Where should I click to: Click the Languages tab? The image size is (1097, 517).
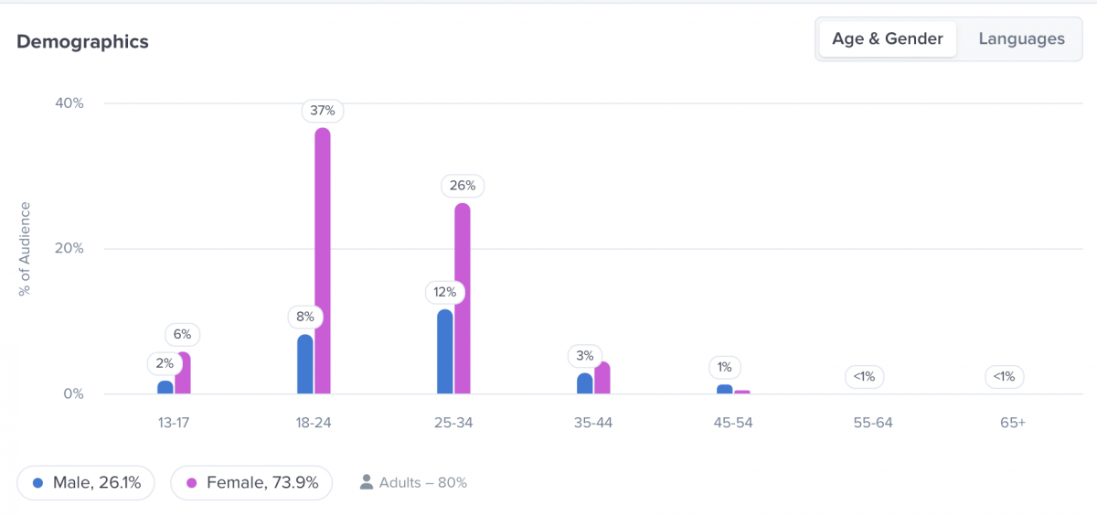(x=1021, y=39)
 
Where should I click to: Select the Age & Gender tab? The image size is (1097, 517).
(x=887, y=39)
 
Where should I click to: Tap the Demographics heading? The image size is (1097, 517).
(x=82, y=42)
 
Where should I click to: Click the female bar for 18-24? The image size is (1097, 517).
(x=323, y=261)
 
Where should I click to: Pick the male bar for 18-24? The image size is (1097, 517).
(x=305, y=364)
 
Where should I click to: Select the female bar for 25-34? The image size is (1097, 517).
(x=463, y=298)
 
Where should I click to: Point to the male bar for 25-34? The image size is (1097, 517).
(x=445, y=351)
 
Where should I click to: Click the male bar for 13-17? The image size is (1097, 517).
(x=165, y=387)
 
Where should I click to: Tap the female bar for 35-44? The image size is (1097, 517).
(x=602, y=378)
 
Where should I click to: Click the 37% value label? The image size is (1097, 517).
(x=323, y=111)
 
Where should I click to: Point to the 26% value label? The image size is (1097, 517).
(x=463, y=186)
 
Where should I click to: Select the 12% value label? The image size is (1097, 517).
(x=445, y=293)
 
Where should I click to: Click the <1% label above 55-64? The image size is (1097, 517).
(x=865, y=375)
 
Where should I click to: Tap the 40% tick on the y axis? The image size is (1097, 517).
(x=69, y=103)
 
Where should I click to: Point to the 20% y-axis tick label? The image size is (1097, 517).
(x=69, y=249)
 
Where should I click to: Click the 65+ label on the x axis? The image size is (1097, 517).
(x=1013, y=423)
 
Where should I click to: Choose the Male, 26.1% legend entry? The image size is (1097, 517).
(x=86, y=482)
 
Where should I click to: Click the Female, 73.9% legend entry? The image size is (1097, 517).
(x=251, y=482)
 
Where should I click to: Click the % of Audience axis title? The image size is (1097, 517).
(x=25, y=249)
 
